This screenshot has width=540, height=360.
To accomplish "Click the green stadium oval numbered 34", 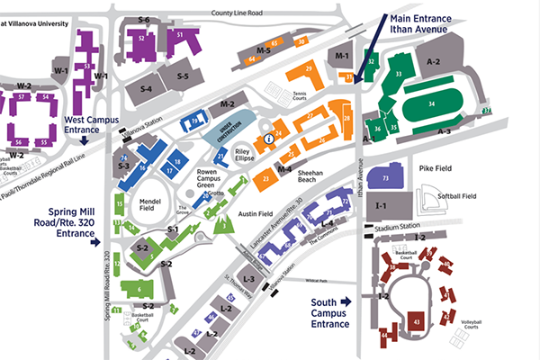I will point(433,105).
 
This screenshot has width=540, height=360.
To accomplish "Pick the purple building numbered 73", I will point(386,178).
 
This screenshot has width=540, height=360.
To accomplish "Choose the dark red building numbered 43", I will point(417,319).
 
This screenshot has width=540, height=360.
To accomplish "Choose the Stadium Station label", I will point(397,226).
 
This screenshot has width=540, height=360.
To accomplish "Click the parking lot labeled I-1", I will point(381,206).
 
